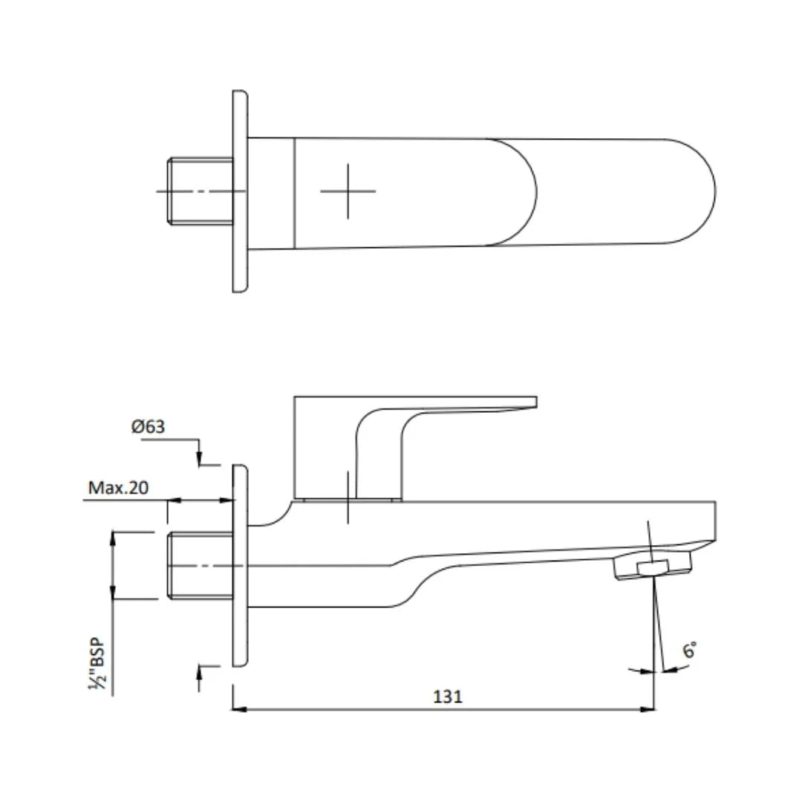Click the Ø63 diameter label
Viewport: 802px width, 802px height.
(x=148, y=427)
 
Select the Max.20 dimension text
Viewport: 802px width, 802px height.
(x=118, y=488)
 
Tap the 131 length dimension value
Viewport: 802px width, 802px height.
(x=448, y=696)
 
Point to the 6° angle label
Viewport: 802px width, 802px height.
(x=690, y=651)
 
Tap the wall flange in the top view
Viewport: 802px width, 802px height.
(x=240, y=191)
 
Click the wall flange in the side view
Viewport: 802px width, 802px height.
(x=240, y=566)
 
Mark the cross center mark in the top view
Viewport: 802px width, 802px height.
(x=348, y=191)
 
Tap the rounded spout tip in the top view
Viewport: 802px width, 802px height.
(x=694, y=191)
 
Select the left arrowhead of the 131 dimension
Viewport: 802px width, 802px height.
(x=239, y=709)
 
